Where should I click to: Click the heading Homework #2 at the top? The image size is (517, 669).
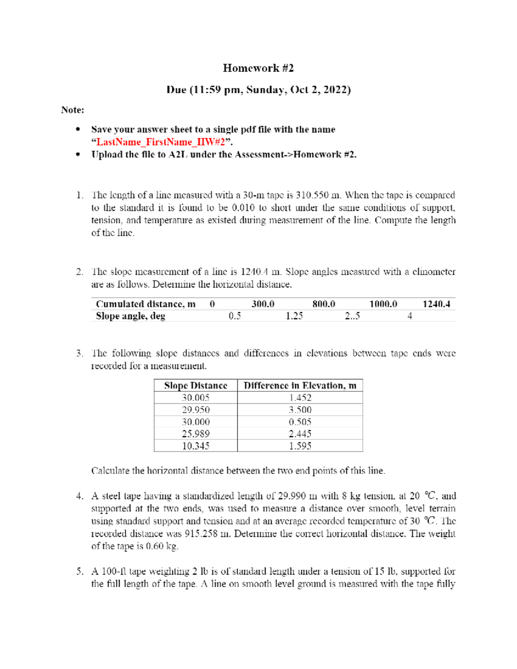258,68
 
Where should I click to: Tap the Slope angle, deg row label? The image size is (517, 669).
130,316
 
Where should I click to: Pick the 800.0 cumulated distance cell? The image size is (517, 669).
324,304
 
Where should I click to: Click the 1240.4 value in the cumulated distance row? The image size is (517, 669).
436,304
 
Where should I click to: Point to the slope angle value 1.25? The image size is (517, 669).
294,316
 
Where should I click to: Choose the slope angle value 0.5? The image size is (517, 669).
235,316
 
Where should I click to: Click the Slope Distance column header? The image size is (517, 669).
196,386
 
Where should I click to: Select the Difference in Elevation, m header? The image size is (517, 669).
300,386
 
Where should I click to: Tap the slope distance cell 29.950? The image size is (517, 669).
196,410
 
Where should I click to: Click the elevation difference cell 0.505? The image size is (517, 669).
300,422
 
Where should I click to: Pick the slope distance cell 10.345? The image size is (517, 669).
196,446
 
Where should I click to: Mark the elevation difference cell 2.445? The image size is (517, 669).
300,434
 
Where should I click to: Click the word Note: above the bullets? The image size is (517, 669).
72,110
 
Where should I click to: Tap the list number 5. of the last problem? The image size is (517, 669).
80,572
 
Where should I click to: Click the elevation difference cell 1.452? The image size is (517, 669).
300,398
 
